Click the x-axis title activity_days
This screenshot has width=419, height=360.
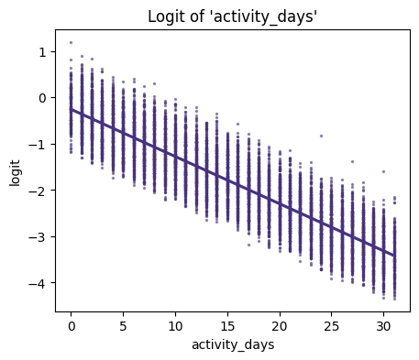(233, 344)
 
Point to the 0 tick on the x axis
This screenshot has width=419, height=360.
(72, 324)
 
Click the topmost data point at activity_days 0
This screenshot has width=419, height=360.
(72, 42)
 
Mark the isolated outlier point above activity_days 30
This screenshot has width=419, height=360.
(384, 171)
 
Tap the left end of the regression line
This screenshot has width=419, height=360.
(72, 110)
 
